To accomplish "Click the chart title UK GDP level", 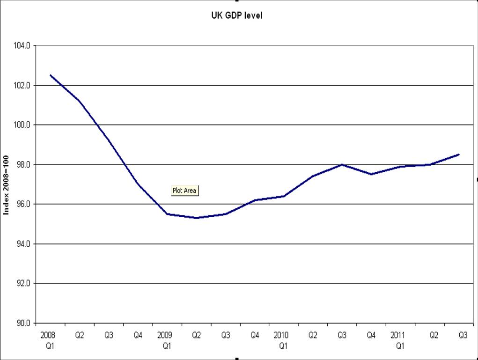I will [x=236, y=15].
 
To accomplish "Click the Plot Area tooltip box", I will [x=184, y=191].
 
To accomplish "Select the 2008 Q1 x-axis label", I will [x=48, y=341].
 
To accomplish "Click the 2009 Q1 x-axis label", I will [x=166, y=341].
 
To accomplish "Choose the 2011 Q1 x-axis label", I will [x=400, y=341].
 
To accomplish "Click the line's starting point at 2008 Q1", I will [x=50, y=75].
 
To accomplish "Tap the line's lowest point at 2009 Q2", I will [x=196, y=218].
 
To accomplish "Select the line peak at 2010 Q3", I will [x=342, y=164].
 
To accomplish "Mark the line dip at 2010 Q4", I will [x=371, y=174].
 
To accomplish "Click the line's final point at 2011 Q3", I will [x=459, y=154].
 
